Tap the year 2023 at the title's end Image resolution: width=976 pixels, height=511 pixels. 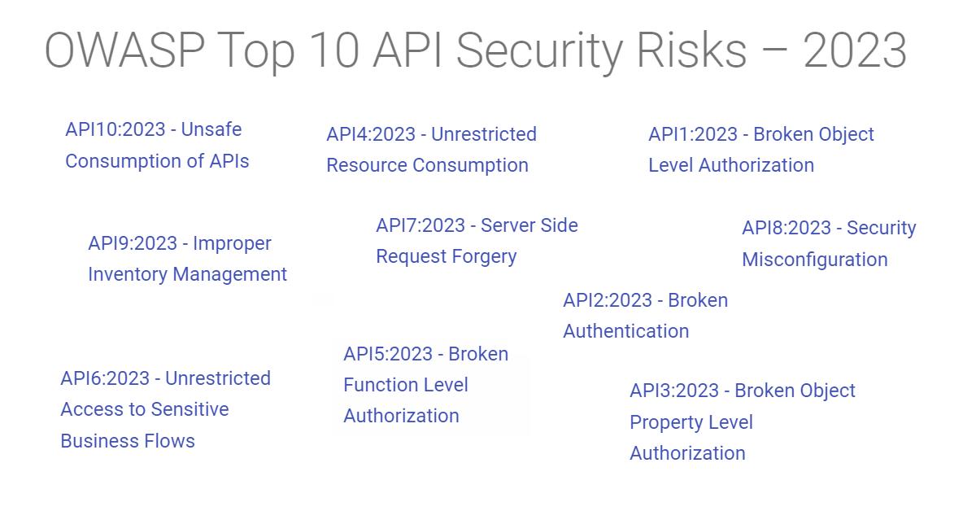[x=854, y=50]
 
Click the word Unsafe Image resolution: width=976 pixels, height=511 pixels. [x=211, y=129]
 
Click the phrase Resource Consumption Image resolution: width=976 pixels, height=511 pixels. [x=427, y=165]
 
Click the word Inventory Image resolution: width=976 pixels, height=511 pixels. [x=124, y=274]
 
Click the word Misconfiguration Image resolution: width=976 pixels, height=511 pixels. [x=814, y=260]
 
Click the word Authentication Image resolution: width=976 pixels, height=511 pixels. [x=625, y=331]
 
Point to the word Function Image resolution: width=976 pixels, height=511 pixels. [x=377, y=385]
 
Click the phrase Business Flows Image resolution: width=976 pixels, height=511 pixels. [x=128, y=441]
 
